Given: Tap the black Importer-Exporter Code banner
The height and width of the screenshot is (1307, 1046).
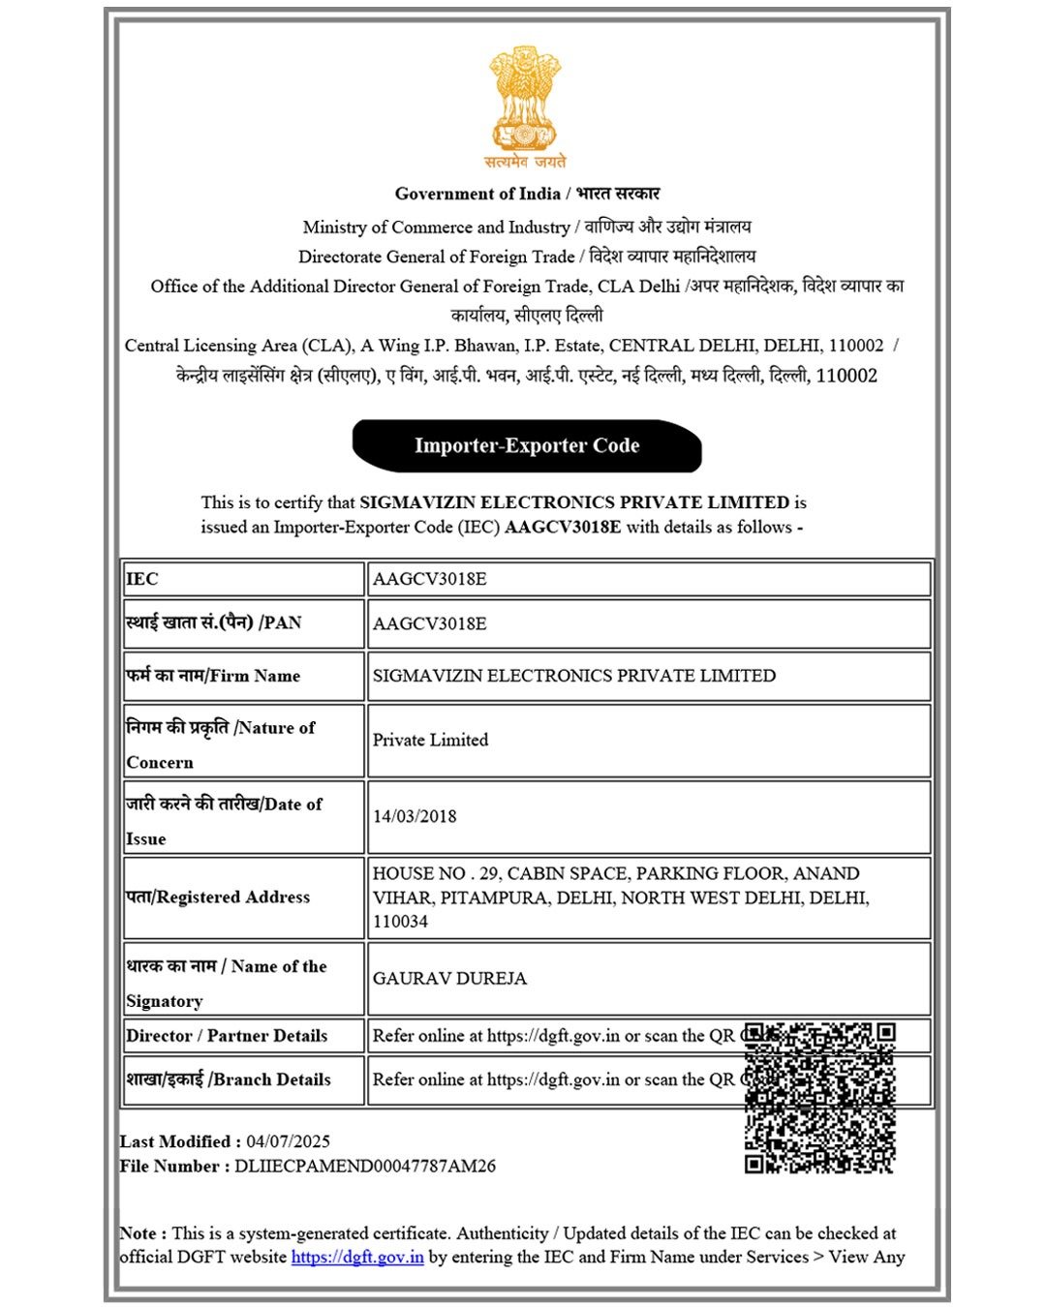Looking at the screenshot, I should [x=527, y=446].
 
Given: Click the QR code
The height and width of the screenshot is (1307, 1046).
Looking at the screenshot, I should [x=819, y=1098].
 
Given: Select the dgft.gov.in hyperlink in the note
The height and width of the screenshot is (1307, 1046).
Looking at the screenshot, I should [x=357, y=1258].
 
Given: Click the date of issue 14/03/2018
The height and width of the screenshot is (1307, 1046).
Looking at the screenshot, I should [x=415, y=816].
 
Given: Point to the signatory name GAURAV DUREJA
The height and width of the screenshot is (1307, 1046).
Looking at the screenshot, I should [x=449, y=979].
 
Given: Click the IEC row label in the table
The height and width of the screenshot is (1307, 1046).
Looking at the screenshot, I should [x=142, y=579].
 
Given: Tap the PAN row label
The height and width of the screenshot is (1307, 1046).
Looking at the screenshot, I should [x=214, y=623].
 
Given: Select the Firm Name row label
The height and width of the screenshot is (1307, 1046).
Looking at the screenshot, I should [x=213, y=676].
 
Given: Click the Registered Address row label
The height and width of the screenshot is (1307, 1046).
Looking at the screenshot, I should [x=218, y=897].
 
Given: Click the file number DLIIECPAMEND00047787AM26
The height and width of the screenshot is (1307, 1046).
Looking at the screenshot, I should [x=365, y=1167].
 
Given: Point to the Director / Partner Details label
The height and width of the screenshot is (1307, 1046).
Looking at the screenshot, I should [x=227, y=1036].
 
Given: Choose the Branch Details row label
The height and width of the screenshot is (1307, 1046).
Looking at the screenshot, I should [x=229, y=1079].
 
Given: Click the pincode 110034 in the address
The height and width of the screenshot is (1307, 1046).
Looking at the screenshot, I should [x=400, y=922].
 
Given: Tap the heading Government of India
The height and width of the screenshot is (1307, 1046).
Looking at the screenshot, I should [x=478, y=194].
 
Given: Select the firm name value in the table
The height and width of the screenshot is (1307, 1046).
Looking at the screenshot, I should [x=573, y=676].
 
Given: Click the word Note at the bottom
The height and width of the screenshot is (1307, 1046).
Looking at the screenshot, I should [x=138, y=1233].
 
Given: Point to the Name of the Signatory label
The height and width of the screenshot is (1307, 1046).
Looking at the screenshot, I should [x=227, y=983].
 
